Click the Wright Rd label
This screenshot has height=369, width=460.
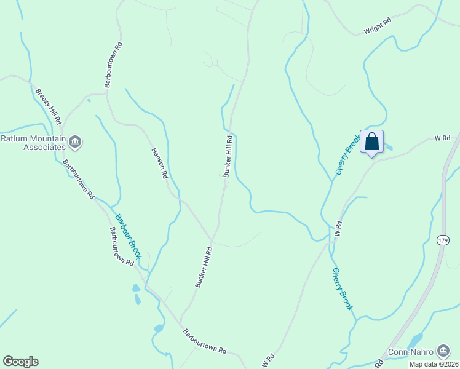(x=378, y=28)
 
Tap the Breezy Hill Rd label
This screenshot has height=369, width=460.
(x=48, y=106)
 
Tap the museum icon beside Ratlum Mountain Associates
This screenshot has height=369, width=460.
(x=76, y=143)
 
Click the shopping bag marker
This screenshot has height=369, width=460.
(x=371, y=143)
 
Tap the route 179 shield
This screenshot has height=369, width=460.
(x=443, y=240)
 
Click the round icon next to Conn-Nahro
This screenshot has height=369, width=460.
(x=443, y=351)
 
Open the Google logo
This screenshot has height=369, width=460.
(x=20, y=362)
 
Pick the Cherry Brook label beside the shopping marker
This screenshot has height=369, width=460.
(x=347, y=156)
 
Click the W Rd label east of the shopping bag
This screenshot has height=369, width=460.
(x=443, y=138)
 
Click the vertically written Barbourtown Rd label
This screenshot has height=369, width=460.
(x=114, y=65)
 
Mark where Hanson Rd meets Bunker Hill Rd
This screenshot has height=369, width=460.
(x=212, y=240)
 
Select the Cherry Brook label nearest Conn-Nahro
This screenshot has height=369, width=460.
(x=343, y=289)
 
